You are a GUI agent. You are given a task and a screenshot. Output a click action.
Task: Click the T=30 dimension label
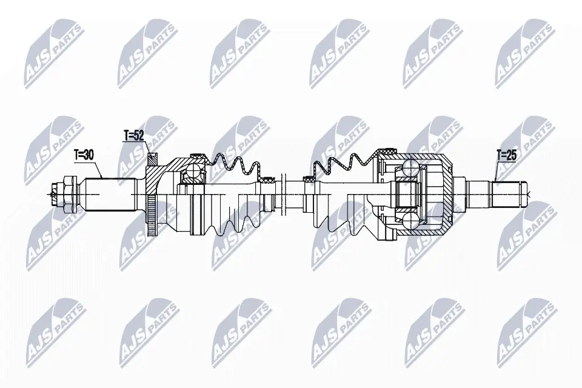pyautogui.click(x=84, y=155)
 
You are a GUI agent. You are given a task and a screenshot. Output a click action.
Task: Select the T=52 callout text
pyautogui.click(x=134, y=135)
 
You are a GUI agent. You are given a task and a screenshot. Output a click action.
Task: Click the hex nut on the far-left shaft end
pyautogui.click(x=64, y=193)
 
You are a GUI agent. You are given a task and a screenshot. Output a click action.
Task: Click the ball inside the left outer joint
pyautogui.click(x=195, y=173)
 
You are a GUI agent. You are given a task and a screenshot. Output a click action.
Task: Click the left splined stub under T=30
pyautogui.click(x=107, y=193)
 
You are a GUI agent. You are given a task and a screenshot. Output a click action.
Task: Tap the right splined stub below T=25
pyautogui.click(x=506, y=193)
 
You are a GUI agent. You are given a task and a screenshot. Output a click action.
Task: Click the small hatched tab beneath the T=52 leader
pyautogui.click(x=152, y=159)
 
